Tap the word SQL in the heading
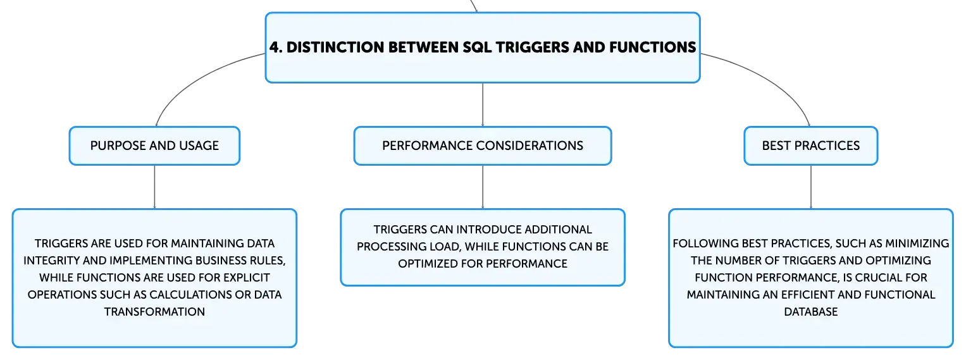click(x=477, y=47)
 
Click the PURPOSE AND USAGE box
click(x=154, y=146)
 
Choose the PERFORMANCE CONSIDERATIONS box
click(x=483, y=146)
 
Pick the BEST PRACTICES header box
click(x=811, y=146)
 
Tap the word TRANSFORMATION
click(x=154, y=312)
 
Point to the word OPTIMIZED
click(x=428, y=264)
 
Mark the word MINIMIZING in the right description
click(x=917, y=244)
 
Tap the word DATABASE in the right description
click(x=811, y=312)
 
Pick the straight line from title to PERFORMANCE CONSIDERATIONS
click(x=483, y=104)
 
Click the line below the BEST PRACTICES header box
click(x=811, y=187)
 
